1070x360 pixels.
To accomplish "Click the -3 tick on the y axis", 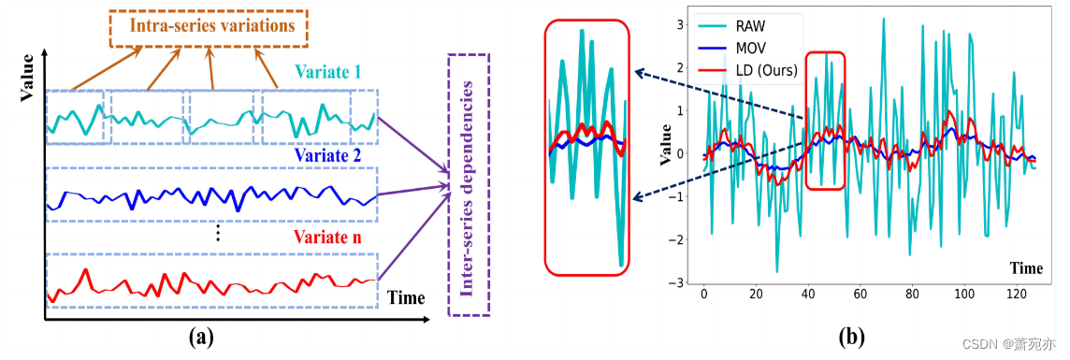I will click(x=679, y=281).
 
